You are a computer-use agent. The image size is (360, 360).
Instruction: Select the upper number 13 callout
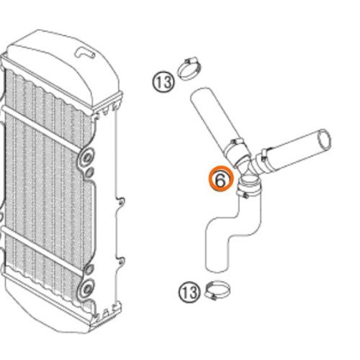point(163,82)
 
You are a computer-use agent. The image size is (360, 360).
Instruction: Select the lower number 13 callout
point(189,292)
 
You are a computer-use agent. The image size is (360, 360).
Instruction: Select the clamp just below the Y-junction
point(248,189)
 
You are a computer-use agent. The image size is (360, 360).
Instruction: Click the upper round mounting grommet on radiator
point(88,156)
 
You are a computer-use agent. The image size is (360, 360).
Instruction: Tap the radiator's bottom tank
point(50,317)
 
